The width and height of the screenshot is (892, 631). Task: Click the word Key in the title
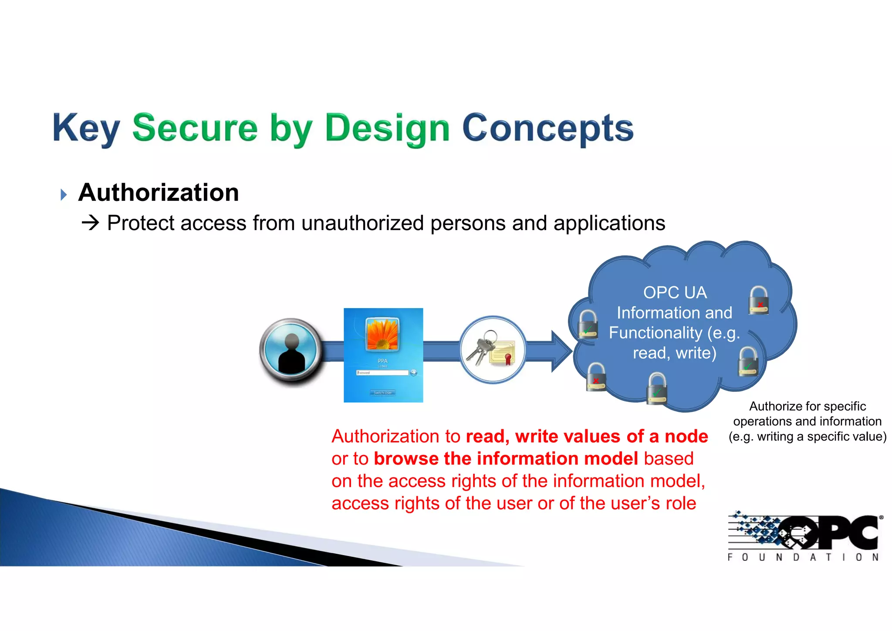tap(86, 129)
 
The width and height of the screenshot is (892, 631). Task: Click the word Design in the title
tap(387, 129)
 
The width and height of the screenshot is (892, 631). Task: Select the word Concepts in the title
tap(547, 129)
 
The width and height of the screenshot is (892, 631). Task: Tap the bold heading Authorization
tap(159, 193)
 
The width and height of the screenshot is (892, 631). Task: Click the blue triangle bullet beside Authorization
tap(64, 194)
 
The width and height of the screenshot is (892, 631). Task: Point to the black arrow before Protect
tap(91, 223)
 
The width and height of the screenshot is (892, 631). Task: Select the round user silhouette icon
tap(291, 351)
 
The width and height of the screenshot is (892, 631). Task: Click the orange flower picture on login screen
tap(382, 334)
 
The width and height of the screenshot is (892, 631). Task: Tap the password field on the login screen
tap(382, 373)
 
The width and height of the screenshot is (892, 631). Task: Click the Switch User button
tap(383, 393)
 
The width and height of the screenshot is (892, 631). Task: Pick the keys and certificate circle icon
tap(493, 350)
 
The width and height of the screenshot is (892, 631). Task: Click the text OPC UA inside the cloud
tap(675, 292)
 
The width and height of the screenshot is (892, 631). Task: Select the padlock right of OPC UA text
tap(759, 300)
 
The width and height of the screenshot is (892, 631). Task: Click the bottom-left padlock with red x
tap(596, 377)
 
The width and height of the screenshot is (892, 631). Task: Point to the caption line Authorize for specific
tap(807, 406)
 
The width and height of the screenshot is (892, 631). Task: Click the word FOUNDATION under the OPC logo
tap(803, 557)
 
